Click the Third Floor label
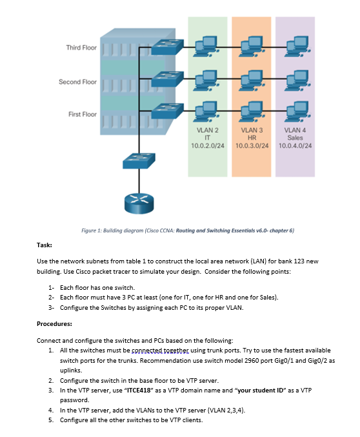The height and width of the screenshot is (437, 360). coord(81,48)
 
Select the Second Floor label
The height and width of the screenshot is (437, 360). coord(77,82)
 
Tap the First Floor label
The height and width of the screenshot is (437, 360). coord(83,114)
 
